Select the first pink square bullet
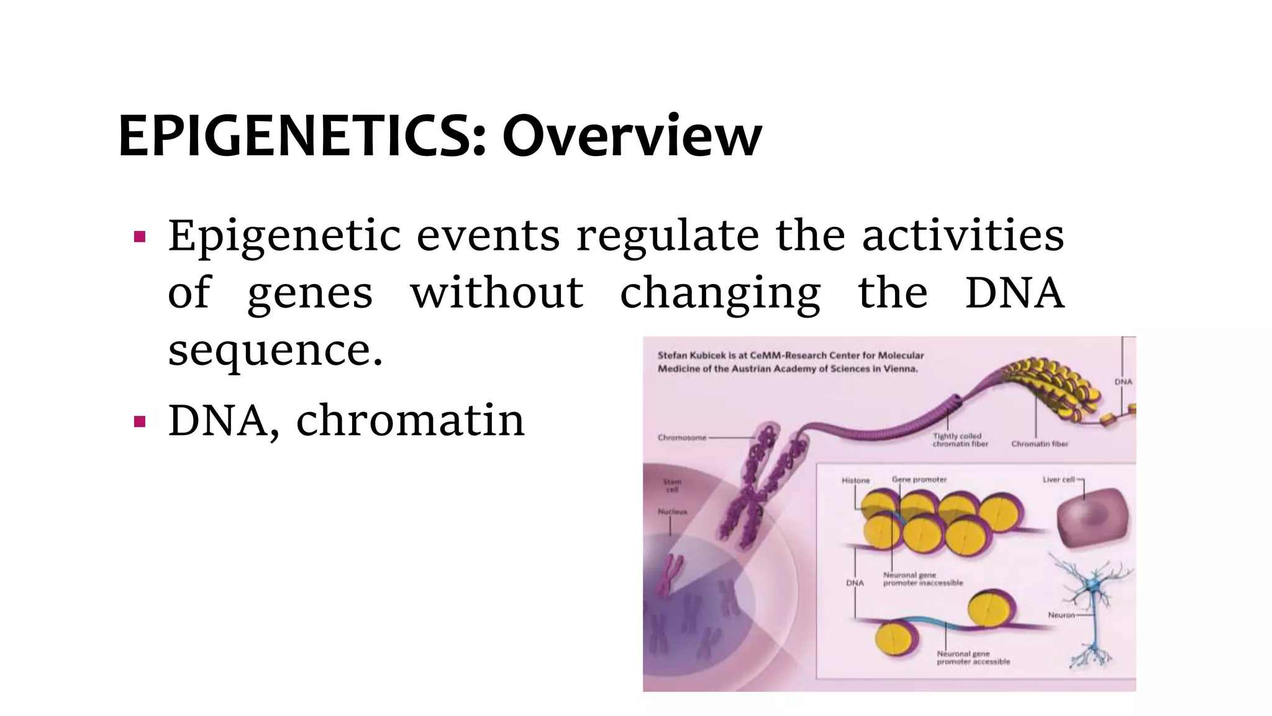[x=140, y=237]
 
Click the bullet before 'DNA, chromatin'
[x=140, y=422]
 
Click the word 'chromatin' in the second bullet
[x=411, y=421]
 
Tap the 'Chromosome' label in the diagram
[x=682, y=438]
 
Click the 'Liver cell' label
[x=1059, y=479]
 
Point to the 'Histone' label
[x=856, y=480]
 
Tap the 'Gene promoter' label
[x=919, y=479]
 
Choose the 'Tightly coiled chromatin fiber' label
[x=960, y=440]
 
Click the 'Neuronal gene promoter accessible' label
[x=973, y=658]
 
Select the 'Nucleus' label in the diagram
[x=672, y=512]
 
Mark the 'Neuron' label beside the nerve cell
[x=1061, y=615]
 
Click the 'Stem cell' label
[x=672, y=485]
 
